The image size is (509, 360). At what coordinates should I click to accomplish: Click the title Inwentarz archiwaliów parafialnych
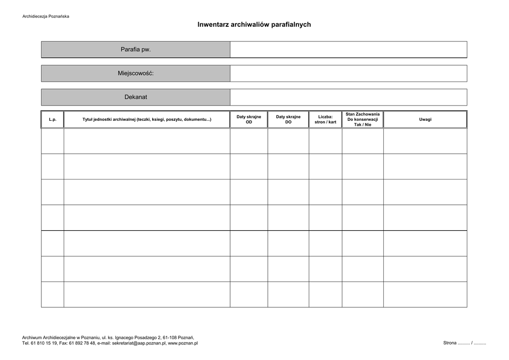click(x=254, y=24)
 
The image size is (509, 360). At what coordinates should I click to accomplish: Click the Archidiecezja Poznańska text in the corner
click(x=46, y=16)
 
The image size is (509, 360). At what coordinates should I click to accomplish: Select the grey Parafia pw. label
click(x=135, y=50)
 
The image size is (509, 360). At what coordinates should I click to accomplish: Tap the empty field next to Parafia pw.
click(x=348, y=50)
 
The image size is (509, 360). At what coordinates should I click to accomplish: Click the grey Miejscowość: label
click(x=135, y=74)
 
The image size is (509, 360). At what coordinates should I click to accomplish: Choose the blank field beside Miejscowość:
click(x=348, y=74)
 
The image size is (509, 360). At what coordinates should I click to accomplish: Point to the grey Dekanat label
click(x=135, y=97)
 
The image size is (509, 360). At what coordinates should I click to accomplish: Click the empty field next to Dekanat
click(x=348, y=97)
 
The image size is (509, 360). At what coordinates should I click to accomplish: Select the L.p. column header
click(x=53, y=120)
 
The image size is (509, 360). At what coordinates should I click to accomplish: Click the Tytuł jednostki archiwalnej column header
click(x=147, y=120)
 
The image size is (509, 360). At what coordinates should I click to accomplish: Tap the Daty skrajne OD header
click(x=249, y=119)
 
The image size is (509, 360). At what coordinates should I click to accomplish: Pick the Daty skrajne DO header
click(x=288, y=119)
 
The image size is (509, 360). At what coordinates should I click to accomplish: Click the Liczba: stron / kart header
click(x=325, y=119)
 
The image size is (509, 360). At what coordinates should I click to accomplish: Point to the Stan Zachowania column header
click(x=362, y=119)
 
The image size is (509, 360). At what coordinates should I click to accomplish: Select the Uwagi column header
click(x=425, y=120)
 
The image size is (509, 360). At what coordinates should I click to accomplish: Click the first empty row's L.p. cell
click(x=53, y=141)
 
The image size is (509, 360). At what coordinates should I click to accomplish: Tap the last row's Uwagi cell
click(x=425, y=294)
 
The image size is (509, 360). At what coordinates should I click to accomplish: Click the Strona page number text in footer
click(x=464, y=343)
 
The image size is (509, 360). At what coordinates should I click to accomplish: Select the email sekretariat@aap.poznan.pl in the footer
click(x=139, y=343)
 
